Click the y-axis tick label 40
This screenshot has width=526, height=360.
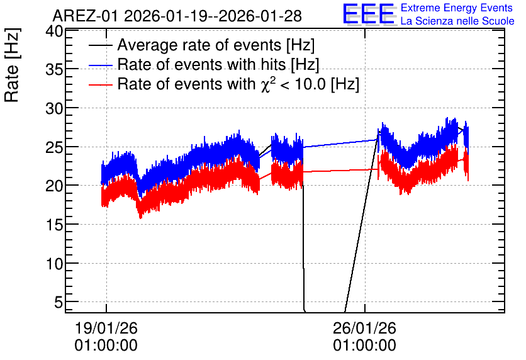54,32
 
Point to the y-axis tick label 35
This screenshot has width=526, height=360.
54,70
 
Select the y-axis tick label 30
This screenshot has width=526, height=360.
54,108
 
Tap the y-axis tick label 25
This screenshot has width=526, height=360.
54,147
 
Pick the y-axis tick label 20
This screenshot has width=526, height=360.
54,186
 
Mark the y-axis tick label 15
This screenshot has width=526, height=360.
54,225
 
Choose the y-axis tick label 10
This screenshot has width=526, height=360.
54,264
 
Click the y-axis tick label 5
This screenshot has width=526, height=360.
59,303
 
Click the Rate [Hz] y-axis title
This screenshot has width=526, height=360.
13,65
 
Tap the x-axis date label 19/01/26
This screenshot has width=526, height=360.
106,328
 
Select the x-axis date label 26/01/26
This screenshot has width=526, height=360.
365,328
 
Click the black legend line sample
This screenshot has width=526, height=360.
100,45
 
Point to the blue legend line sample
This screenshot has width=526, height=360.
100,65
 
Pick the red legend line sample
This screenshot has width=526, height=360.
100,84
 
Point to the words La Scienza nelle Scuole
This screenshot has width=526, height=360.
457,21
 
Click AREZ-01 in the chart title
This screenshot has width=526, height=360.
86,16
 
